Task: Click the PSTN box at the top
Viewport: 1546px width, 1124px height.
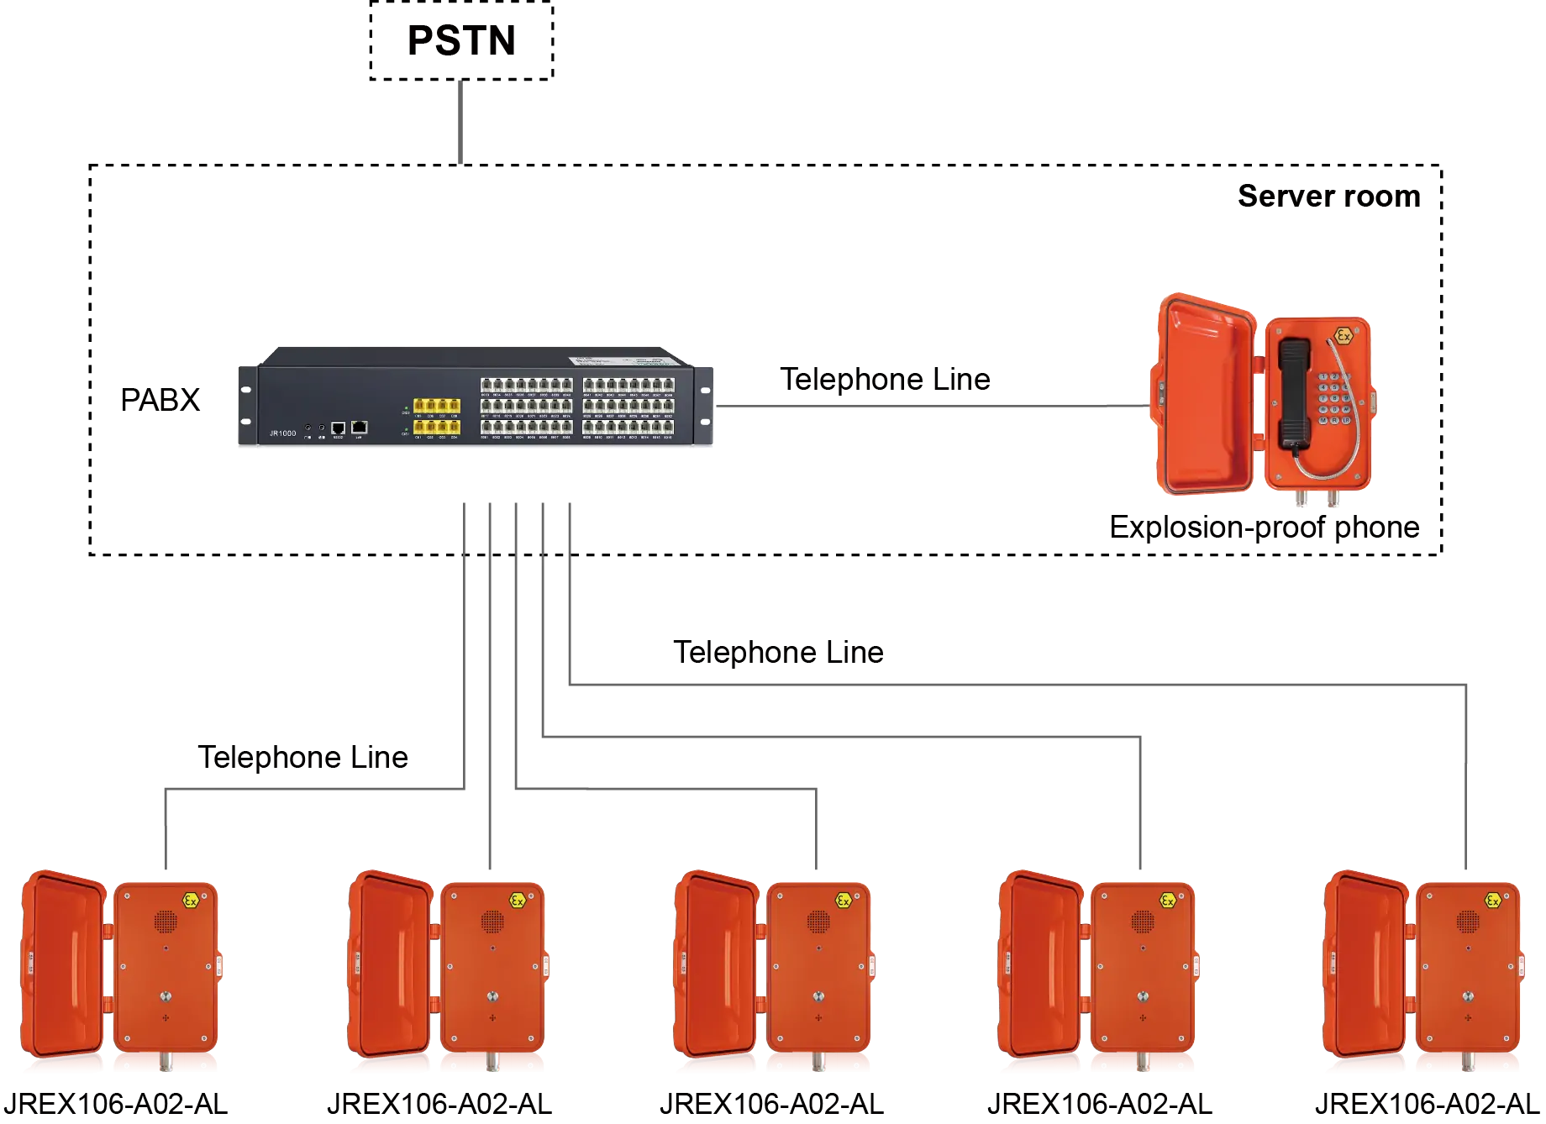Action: click(460, 42)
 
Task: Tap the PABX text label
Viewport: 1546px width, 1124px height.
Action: click(161, 400)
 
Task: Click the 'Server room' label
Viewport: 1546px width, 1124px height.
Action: click(1330, 196)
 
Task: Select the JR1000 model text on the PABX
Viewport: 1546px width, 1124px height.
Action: click(282, 433)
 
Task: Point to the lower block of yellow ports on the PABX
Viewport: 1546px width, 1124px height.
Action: click(436, 428)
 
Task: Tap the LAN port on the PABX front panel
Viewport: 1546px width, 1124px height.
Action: click(359, 428)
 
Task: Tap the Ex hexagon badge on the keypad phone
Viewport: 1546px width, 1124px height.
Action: click(1344, 336)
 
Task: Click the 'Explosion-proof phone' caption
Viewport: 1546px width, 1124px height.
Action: click(1265, 526)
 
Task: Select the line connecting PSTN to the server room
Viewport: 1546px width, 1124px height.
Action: click(460, 124)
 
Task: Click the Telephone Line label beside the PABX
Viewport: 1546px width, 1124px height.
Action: click(887, 377)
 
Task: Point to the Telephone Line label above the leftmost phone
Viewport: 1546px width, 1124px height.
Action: click(302, 756)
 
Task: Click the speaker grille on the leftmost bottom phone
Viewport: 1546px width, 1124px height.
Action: click(166, 922)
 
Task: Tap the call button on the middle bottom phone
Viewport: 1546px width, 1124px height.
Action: click(818, 997)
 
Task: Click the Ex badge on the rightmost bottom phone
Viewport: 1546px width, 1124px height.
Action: click(1493, 901)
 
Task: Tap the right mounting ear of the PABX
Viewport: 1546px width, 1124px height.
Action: click(706, 407)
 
